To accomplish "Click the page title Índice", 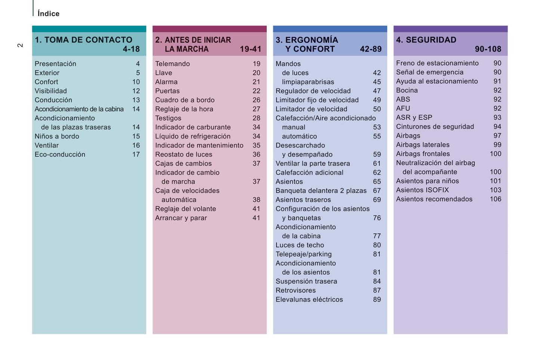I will tap(48, 14).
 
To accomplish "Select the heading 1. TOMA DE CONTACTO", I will tap(83, 40).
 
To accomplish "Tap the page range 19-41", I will tap(250, 49).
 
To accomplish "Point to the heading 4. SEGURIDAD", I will tap(426, 40).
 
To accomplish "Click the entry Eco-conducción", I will tap(60, 155).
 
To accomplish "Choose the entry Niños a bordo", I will tap(57, 136).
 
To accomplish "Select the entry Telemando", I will tap(172, 64).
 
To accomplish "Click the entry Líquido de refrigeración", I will tap(193, 136).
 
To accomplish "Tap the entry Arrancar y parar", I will tap(181, 218).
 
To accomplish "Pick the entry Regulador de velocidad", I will tap(313, 91).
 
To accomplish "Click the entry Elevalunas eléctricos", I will tap(309, 300).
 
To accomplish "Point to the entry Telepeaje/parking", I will tap(303, 254).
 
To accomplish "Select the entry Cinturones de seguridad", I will tap(435, 127).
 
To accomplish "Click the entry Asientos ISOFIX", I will tap(422, 190).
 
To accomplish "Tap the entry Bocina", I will tap(407, 90).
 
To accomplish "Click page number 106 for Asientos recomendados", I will tap(496, 199).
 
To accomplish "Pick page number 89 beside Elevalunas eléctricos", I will tap(377, 300).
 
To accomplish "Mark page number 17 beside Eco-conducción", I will tap(136, 155).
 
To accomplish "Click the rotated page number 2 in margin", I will tap(20, 45).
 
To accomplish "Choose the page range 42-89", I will tap(371, 49).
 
